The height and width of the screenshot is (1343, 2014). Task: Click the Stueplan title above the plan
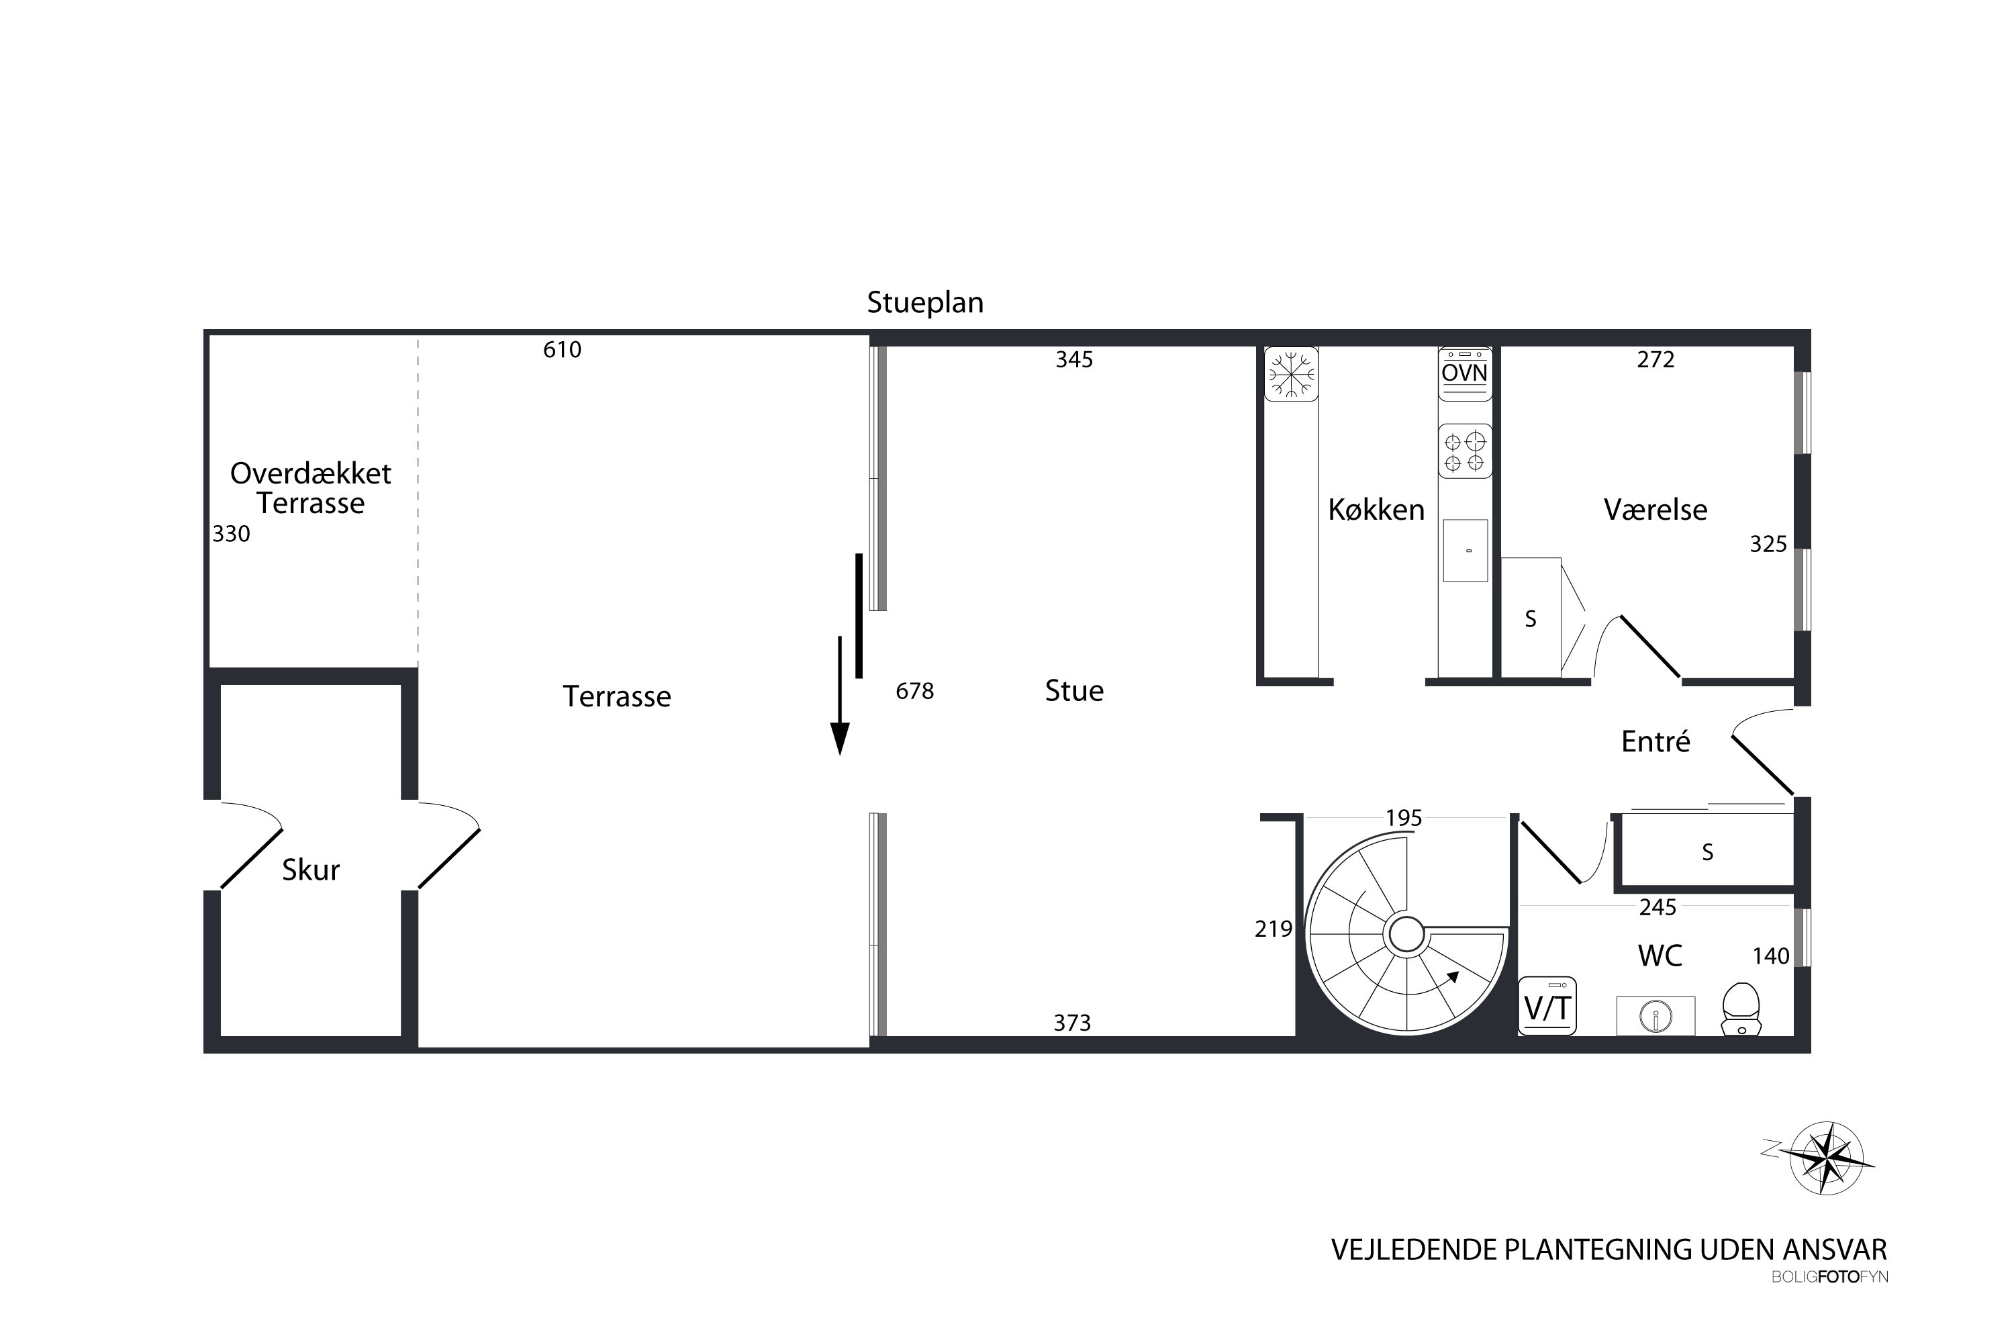[x=925, y=302]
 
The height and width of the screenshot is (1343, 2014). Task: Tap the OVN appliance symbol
[x=1465, y=373]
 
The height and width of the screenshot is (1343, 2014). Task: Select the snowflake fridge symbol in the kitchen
[x=1291, y=373]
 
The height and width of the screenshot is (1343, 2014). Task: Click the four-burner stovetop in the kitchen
[x=1465, y=451]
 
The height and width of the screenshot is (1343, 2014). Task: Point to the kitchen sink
[x=1465, y=551]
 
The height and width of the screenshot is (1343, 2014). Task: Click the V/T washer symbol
[x=1547, y=1005]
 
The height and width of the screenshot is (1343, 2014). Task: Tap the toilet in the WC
[x=1740, y=1009]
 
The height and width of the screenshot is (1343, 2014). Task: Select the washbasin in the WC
[x=1656, y=1016]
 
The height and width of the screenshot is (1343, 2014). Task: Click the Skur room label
[x=311, y=870]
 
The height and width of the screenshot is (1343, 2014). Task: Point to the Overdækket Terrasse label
[x=311, y=488]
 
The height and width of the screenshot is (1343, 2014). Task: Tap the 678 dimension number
[x=914, y=691]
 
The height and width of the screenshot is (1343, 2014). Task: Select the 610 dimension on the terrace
[x=562, y=349]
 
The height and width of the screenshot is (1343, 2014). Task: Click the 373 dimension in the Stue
[x=1072, y=1023]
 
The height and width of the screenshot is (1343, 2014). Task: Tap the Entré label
[x=1656, y=742]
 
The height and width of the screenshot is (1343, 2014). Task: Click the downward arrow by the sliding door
[x=840, y=696]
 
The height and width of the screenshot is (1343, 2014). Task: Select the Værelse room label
[x=1656, y=510]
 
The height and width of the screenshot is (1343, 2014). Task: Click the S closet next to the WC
[x=1707, y=852]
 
